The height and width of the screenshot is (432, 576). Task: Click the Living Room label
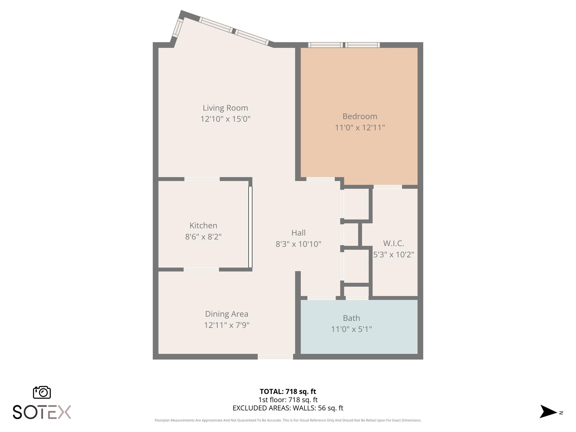(x=225, y=108)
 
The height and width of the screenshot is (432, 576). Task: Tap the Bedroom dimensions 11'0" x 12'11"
(x=360, y=128)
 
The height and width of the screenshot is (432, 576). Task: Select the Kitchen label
(x=203, y=226)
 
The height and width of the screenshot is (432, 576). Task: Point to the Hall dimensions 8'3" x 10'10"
(x=298, y=244)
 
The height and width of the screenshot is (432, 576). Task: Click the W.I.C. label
(x=393, y=243)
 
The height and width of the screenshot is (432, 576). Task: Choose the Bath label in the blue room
(x=351, y=318)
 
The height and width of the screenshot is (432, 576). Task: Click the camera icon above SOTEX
(x=42, y=392)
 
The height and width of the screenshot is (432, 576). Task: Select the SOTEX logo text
(x=42, y=412)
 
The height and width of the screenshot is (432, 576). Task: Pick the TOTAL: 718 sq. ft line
(x=288, y=391)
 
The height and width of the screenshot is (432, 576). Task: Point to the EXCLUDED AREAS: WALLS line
(x=288, y=408)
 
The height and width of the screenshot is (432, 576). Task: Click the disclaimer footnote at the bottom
(x=288, y=420)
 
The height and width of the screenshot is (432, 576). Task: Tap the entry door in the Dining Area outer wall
(x=275, y=357)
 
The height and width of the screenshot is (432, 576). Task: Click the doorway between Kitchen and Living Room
(x=202, y=179)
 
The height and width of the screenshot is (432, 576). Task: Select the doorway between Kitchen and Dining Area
(x=201, y=270)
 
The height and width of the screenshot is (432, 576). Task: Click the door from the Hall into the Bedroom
(x=320, y=179)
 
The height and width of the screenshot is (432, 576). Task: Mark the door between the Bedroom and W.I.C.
(x=388, y=187)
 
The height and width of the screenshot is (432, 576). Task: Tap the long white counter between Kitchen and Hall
(x=250, y=227)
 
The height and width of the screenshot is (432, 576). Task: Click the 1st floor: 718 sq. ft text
(x=288, y=400)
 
